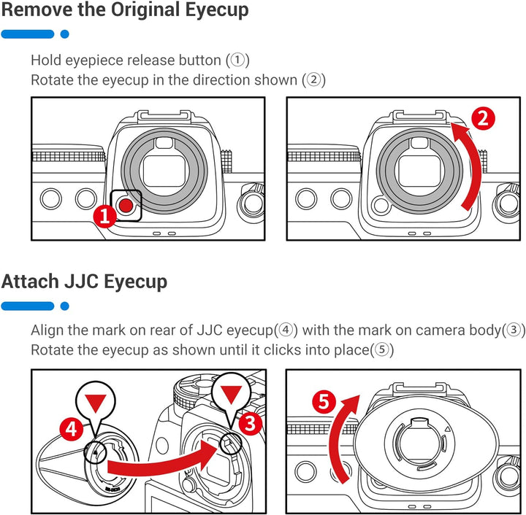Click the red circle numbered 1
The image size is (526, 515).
[104, 215]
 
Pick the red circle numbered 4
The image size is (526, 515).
[72, 429]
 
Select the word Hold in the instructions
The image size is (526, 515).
[45, 60]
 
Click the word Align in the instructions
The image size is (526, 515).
[48, 330]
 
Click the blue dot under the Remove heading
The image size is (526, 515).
[64, 34]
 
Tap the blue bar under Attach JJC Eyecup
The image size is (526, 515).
[28, 306]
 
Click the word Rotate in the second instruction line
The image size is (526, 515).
[52, 80]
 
